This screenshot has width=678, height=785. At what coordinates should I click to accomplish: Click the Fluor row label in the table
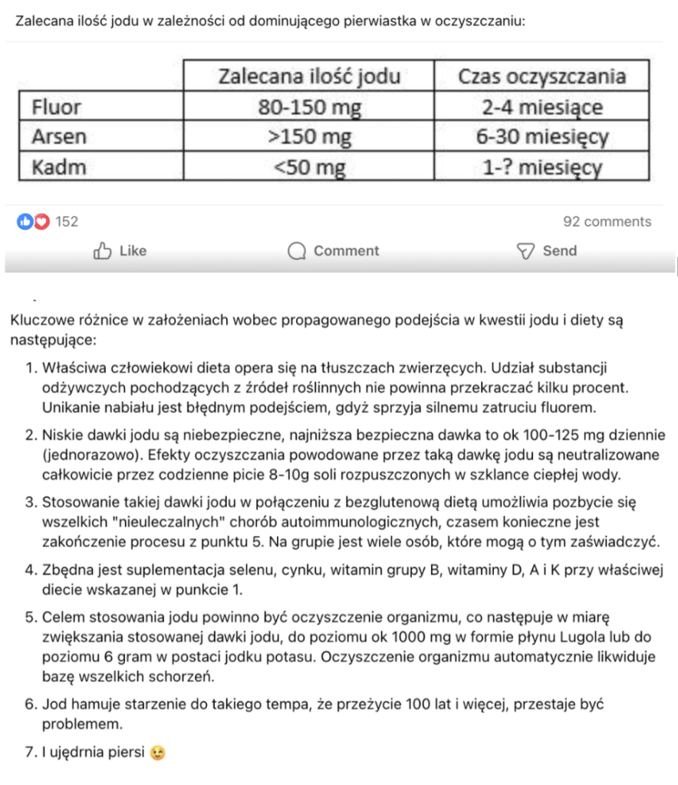pyautogui.click(x=57, y=107)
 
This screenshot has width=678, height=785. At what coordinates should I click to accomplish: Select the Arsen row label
pyautogui.click(x=59, y=137)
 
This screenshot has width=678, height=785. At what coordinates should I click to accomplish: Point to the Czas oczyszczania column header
pyautogui.click(x=541, y=77)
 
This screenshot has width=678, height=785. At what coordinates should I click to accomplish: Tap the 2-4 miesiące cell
pyautogui.click(x=541, y=107)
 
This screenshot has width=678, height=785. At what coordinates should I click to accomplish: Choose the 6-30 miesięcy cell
pyautogui.click(x=541, y=137)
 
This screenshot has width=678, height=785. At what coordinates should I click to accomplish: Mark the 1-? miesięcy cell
pyautogui.click(x=541, y=167)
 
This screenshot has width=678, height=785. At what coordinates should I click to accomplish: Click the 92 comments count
pyautogui.click(x=607, y=222)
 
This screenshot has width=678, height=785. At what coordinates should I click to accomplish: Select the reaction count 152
pyautogui.click(x=67, y=222)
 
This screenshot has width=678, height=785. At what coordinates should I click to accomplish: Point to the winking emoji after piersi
pyautogui.click(x=159, y=753)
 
